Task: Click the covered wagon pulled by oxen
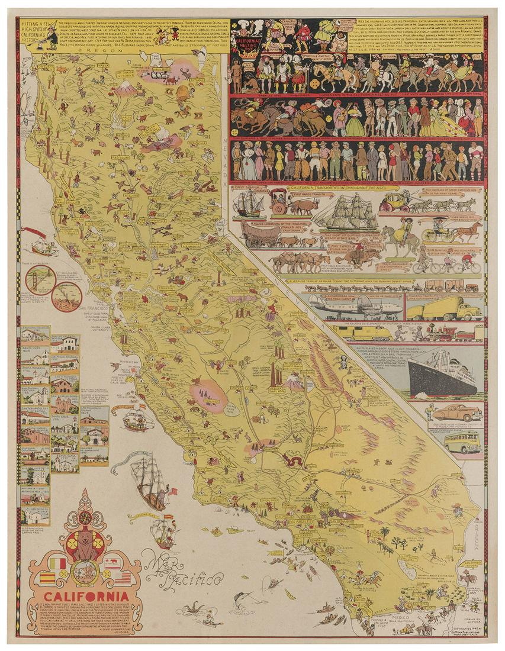[x=260, y=235]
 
